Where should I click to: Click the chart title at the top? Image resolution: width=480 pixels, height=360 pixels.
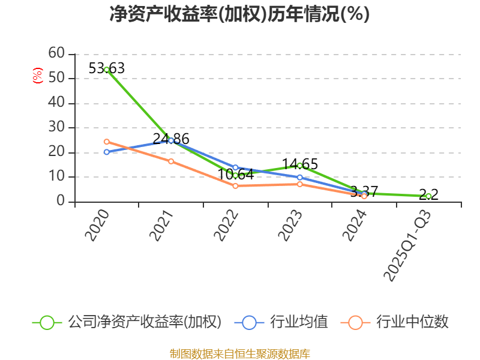(x=239, y=14)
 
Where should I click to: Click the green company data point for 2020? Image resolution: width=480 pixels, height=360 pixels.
(x=107, y=70)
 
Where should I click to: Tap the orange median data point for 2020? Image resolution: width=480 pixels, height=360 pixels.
(x=107, y=142)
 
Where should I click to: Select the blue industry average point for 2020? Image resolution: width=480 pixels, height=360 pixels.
(x=107, y=152)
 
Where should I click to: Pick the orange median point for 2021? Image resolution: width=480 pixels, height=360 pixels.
(x=171, y=161)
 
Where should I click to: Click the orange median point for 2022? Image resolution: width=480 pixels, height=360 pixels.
(x=235, y=186)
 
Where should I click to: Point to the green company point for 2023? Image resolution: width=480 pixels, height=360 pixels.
(x=299, y=166)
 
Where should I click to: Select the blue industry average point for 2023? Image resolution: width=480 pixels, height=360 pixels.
(x=299, y=177)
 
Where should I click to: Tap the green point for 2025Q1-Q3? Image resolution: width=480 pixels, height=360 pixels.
(x=428, y=196)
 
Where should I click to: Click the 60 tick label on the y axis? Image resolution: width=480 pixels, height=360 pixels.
(x=57, y=53)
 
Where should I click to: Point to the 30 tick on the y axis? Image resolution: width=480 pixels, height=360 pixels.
(x=57, y=127)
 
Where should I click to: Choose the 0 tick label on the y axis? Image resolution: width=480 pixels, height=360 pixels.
(x=61, y=202)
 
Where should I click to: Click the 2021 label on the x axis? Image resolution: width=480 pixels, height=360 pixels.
(x=162, y=226)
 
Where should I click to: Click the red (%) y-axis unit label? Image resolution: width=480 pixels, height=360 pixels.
(x=37, y=76)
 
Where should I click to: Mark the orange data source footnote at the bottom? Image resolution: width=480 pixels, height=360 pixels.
(x=239, y=353)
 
